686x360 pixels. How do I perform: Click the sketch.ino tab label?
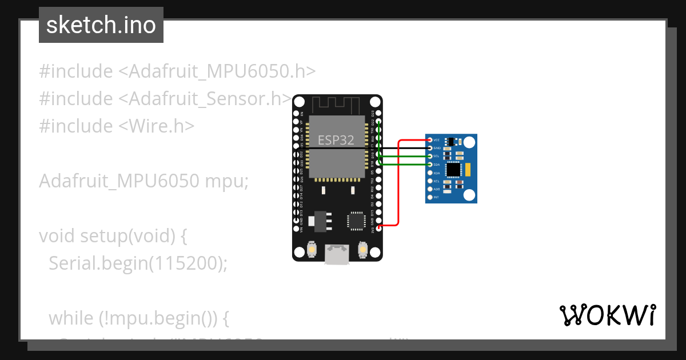pos(101,25)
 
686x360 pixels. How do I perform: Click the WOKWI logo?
pos(608,315)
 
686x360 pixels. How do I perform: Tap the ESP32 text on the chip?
pos(336,140)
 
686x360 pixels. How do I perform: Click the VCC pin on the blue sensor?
pos(430,140)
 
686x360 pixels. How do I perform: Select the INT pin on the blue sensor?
pos(430,197)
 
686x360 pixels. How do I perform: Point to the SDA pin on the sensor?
pos(430,165)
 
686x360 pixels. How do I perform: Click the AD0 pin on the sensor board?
pos(430,189)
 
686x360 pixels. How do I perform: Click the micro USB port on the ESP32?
pos(337,254)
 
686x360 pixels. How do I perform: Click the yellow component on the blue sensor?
pos(468,169)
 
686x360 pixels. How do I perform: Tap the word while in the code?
pos(71,318)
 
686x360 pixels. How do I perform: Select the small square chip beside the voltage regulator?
pos(356,221)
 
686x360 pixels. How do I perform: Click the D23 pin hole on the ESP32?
pos(378,114)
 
